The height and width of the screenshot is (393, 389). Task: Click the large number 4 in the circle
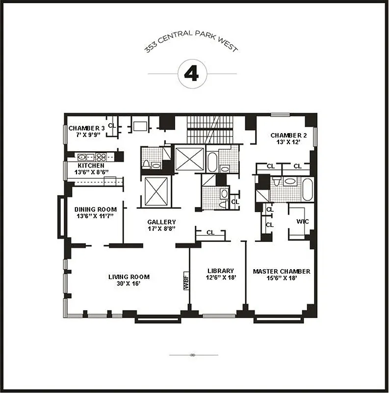click(x=191, y=73)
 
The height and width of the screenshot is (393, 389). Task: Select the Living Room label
click(x=129, y=277)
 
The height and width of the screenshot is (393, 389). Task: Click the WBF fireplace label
click(x=186, y=281)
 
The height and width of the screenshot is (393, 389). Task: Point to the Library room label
click(x=220, y=271)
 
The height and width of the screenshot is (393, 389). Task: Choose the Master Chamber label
click(x=281, y=271)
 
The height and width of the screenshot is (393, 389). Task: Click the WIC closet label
click(x=302, y=222)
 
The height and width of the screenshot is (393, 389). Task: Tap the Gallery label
click(x=161, y=222)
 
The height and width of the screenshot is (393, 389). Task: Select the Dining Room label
click(x=96, y=209)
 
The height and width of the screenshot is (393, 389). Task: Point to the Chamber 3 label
click(x=85, y=128)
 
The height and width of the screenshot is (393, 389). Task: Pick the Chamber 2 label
click(x=288, y=135)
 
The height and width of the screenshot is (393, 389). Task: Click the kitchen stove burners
click(x=101, y=158)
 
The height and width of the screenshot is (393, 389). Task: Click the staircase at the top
click(x=209, y=129)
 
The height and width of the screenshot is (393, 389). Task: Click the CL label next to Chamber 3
click(x=112, y=125)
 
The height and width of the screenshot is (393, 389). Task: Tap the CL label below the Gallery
click(x=210, y=232)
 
